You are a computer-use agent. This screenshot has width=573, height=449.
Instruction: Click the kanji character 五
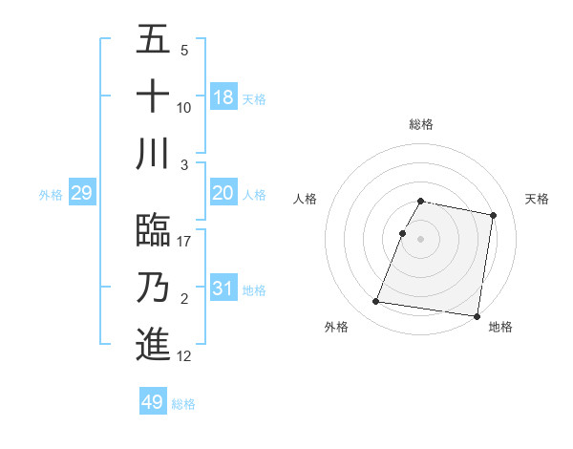(153, 40)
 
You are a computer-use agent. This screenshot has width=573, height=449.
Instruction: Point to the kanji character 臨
(153, 230)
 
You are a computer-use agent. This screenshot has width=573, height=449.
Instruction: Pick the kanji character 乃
(153, 287)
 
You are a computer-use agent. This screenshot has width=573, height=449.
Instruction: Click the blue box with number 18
(223, 97)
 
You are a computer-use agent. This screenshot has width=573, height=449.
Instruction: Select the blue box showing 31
(223, 289)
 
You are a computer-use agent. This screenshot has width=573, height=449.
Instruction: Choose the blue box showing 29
(81, 194)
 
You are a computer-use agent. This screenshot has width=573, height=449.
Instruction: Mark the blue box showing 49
(153, 402)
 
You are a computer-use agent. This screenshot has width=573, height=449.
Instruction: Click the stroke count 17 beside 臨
(185, 242)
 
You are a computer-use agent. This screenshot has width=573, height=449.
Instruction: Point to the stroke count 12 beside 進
(185, 356)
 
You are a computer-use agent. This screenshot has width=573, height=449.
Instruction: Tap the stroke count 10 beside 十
(184, 108)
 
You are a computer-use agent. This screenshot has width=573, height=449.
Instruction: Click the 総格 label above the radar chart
(421, 124)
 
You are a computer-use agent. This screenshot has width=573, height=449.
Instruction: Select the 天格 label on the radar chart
(537, 199)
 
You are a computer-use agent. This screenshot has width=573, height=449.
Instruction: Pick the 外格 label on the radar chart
(336, 327)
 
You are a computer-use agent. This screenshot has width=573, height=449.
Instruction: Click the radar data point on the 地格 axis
(476, 315)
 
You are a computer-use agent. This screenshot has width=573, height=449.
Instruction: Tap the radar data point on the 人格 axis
(403, 233)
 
